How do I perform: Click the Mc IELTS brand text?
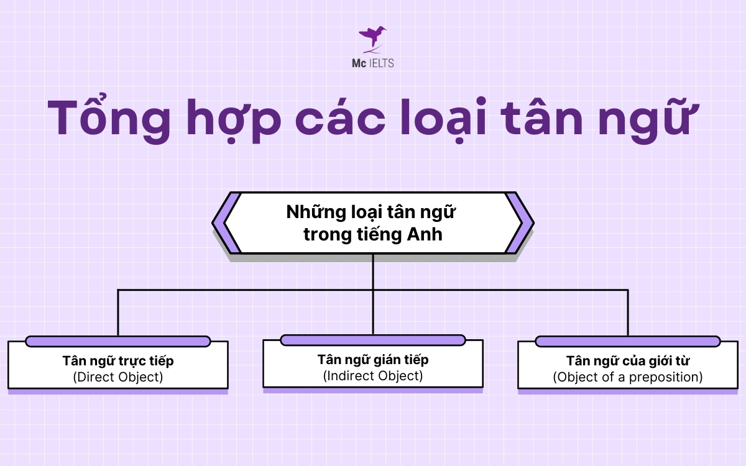point(372,63)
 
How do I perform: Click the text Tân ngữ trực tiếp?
point(118,361)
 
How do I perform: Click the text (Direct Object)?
point(118,377)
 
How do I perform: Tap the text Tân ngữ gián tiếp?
point(373,360)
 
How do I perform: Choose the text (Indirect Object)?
point(373,375)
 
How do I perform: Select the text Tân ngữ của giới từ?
point(628,361)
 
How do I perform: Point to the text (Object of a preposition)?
point(628,377)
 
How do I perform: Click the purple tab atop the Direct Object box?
point(118,341)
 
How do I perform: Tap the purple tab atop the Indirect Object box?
point(373,340)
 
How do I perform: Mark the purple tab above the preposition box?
point(628,341)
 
